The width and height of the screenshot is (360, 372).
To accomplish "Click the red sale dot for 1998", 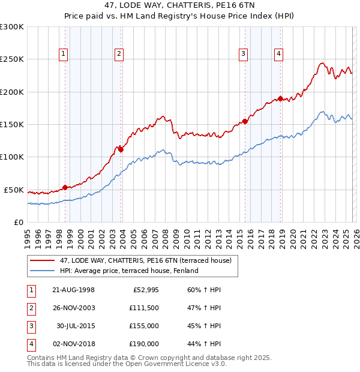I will (65, 188).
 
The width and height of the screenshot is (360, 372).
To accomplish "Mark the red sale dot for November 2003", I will (121, 149).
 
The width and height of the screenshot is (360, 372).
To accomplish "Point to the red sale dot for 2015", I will (245, 121).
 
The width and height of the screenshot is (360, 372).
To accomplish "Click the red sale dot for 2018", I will (280, 99).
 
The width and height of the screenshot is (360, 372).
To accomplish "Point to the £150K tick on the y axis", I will (12, 125).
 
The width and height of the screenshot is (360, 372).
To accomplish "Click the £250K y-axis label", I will (12, 59).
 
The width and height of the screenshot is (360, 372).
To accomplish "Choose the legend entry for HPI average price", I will (128, 271).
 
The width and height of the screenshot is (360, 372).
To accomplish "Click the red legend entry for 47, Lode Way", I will (149, 260).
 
